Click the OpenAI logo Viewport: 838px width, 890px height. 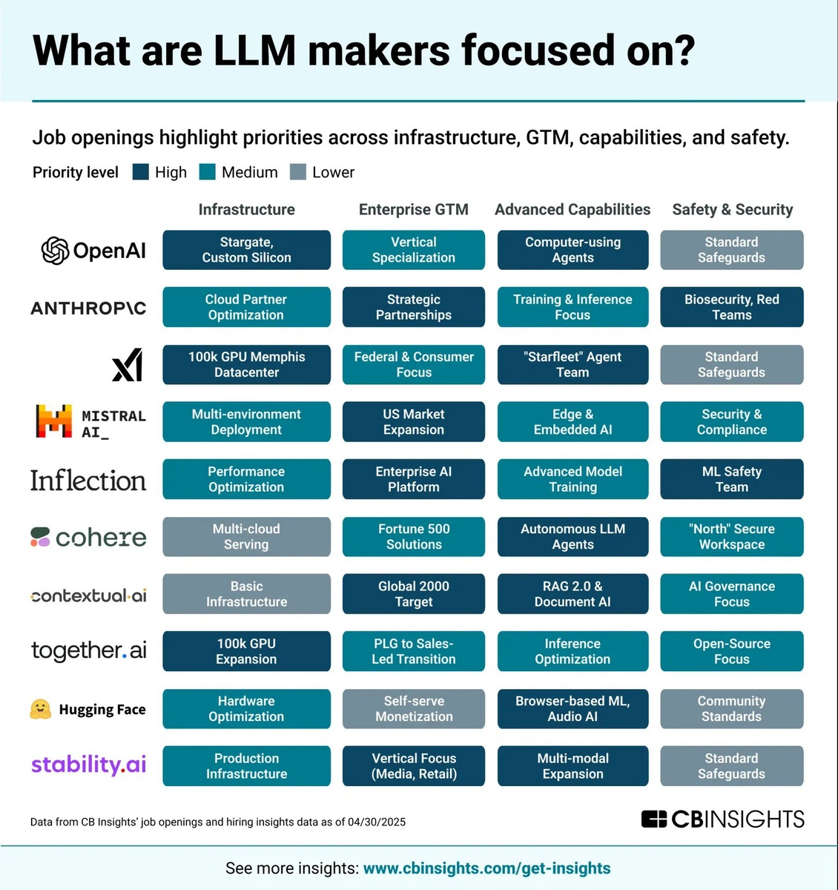pos(93,251)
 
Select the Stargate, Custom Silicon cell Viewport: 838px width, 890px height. pos(246,250)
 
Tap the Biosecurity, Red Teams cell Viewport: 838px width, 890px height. pos(731,307)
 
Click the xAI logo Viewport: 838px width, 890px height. pos(127,365)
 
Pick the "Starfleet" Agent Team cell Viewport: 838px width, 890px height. pos(573,365)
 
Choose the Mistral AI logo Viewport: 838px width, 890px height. pos(90,422)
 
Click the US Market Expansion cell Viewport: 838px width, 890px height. pos(413,422)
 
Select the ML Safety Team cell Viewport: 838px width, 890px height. pos(731,479)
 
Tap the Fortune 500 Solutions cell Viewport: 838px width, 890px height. pos(413,536)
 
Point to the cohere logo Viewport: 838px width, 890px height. pos(88,537)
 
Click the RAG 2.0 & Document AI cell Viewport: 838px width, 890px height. pos(573,594)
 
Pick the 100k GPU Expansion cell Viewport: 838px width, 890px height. pos(246,651)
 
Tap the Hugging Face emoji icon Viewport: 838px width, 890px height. pos(40,709)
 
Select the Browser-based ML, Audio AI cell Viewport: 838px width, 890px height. pos(573,708)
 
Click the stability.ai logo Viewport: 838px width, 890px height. pos(88,765)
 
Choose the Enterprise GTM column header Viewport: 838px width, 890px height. pos(413,210)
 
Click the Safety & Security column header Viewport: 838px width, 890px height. pos(732,210)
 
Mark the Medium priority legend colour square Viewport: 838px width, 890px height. pos(208,172)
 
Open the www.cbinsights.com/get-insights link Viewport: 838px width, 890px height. pos(486,868)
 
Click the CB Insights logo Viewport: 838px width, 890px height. pos(722,819)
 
